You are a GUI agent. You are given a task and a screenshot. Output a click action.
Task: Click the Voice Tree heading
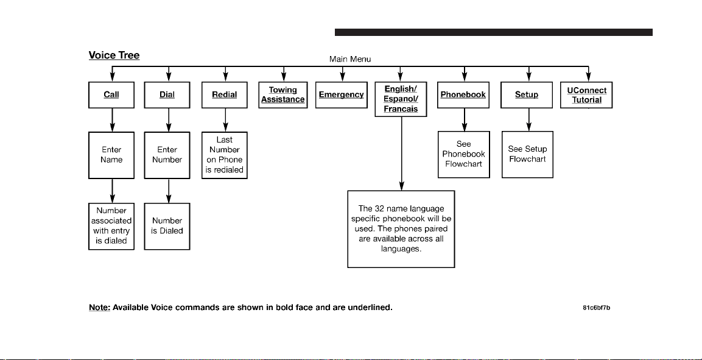coord(114,55)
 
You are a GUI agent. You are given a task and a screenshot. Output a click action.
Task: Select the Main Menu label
coord(350,59)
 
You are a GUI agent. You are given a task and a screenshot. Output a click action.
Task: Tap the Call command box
coord(111,95)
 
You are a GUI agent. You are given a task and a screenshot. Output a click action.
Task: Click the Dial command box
coord(167,95)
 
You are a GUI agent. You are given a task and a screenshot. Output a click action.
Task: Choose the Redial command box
coord(224,95)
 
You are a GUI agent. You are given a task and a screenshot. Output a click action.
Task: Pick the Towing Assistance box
coord(283,95)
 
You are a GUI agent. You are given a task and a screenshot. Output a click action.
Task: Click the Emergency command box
coord(341,95)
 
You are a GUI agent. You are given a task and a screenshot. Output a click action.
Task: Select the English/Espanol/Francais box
coord(401,99)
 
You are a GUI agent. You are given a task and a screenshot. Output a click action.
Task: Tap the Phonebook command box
coord(463,95)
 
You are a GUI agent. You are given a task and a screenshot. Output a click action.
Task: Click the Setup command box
coord(527,95)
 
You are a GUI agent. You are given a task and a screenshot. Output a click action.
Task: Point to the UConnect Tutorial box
coord(586,95)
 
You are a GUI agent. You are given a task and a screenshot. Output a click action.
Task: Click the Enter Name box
coord(111,155)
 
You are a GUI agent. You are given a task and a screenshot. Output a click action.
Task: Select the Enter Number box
coord(167,155)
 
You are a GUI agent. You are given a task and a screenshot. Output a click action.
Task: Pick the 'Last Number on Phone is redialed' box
coord(224,155)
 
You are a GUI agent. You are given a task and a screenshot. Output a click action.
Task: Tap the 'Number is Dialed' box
coord(167,226)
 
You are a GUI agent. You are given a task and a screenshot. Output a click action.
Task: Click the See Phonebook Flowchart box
coord(464,155)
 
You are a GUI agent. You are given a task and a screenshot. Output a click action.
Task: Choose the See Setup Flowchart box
coord(527,155)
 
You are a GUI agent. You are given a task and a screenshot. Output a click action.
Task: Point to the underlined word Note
coord(99,308)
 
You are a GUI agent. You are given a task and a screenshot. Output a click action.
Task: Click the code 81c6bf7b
coord(597,308)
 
